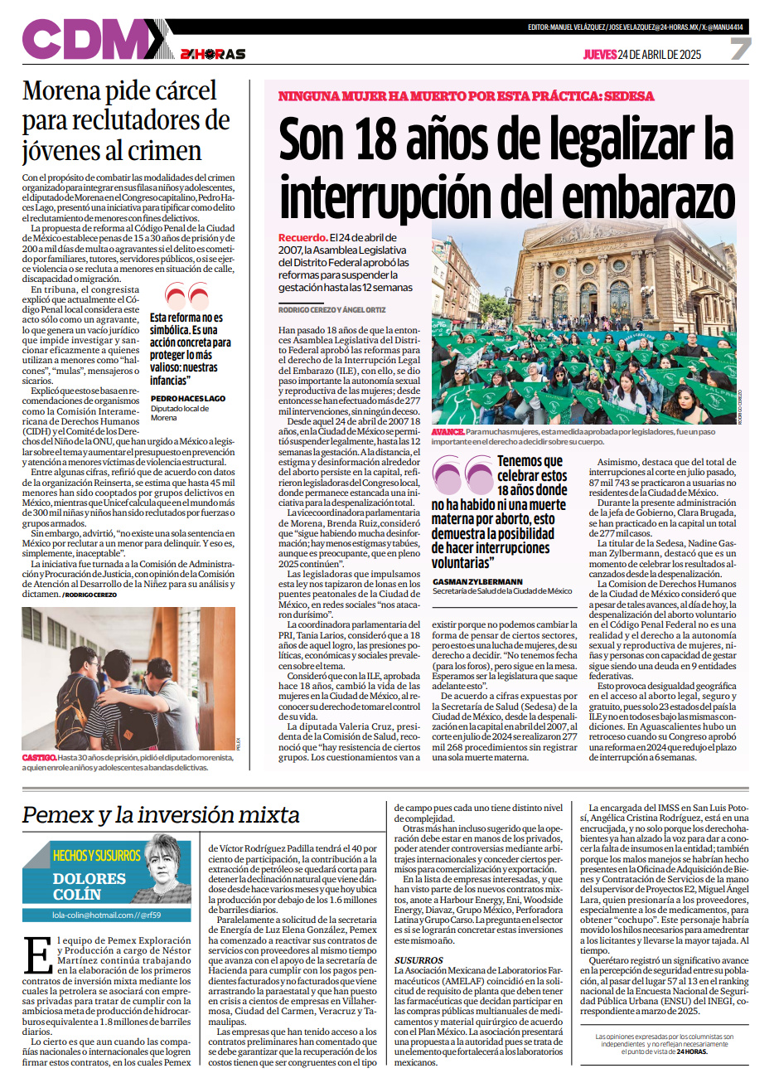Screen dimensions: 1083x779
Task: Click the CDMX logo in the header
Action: click(93, 39)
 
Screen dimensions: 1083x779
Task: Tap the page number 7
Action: click(740, 50)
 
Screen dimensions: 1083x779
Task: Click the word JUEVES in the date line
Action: click(599, 55)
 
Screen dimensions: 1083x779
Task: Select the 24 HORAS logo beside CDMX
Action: click(212, 54)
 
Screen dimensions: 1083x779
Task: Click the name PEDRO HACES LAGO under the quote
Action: click(188, 399)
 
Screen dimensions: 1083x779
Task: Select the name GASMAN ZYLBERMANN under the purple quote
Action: click(477, 582)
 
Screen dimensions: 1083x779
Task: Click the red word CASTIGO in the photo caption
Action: click(38, 757)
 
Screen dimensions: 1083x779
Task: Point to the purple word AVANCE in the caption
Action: click(448, 432)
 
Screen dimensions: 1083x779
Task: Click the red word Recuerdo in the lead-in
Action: click(302, 238)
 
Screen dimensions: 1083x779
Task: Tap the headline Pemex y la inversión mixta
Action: click(161, 815)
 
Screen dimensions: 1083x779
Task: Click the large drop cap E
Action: click(38, 954)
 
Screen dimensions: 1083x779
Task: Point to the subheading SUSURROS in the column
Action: click(419, 960)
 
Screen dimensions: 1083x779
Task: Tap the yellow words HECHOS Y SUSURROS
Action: click(97, 855)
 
